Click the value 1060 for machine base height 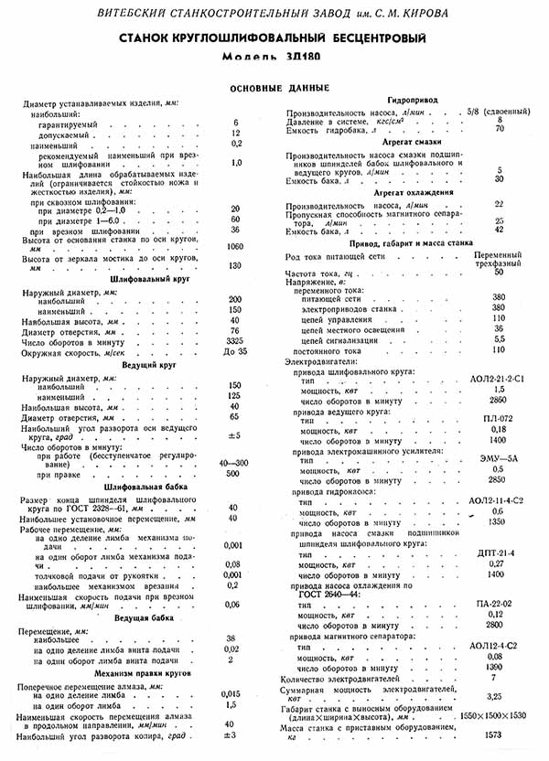click(236, 247)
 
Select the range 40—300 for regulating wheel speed click(235, 463)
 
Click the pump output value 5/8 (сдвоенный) click(500, 110)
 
